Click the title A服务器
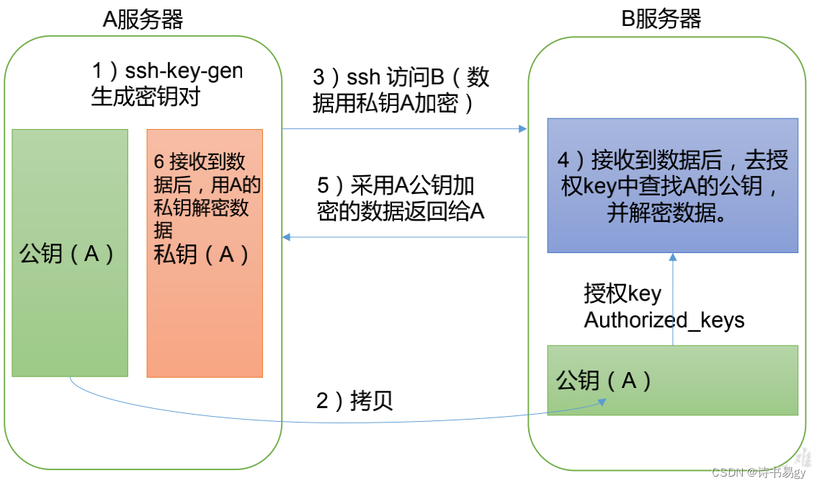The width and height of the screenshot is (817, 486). point(143,19)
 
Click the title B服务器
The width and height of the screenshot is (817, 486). point(661,19)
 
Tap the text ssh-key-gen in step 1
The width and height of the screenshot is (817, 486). point(184,71)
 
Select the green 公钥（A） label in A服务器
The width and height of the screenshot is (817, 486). point(67,254)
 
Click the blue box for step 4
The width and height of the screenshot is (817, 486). point(672,185)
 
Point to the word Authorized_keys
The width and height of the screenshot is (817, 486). point(664,319)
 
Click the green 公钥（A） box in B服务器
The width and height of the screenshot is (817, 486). point(672,380)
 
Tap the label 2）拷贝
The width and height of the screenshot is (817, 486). point(354,401)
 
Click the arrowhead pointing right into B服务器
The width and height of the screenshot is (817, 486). point(522,129)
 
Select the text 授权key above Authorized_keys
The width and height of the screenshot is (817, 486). point(622,294)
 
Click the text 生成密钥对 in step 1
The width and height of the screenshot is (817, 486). point(145,96)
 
